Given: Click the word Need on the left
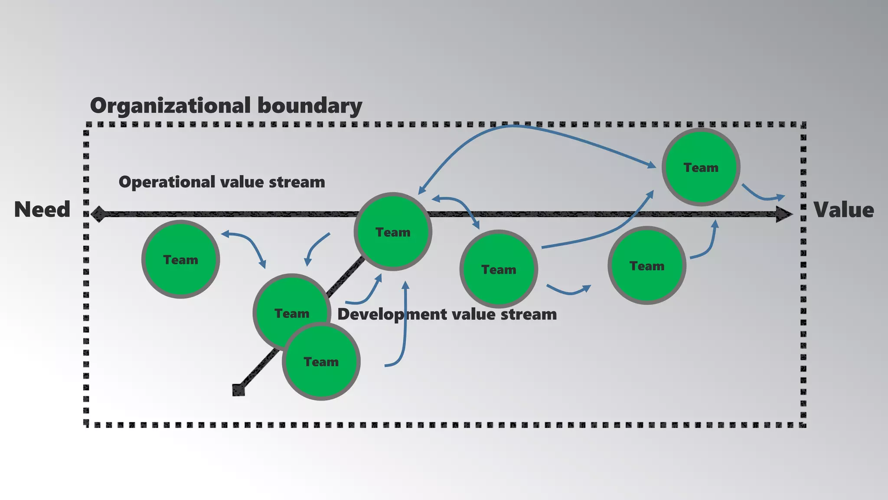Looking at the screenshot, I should (42, 210).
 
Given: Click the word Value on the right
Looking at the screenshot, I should (843, 210).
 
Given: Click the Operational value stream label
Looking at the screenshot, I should (222, 182).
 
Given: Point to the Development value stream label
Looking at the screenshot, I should (447, 314).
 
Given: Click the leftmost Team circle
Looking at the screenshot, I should (180, 260).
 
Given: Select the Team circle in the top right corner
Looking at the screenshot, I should (701, 167).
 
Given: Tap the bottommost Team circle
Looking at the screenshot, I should (321, 362).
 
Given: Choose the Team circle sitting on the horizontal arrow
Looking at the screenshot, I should (393, 232).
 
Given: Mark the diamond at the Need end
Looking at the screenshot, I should (99, 214).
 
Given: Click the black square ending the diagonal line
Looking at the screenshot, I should (238, 390).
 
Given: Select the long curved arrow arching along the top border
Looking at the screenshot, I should (516, 126).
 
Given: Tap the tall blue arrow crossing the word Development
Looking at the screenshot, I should (405, 330).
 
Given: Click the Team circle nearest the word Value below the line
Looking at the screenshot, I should (646, 266).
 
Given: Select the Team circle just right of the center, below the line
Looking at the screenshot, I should (499, 269).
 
